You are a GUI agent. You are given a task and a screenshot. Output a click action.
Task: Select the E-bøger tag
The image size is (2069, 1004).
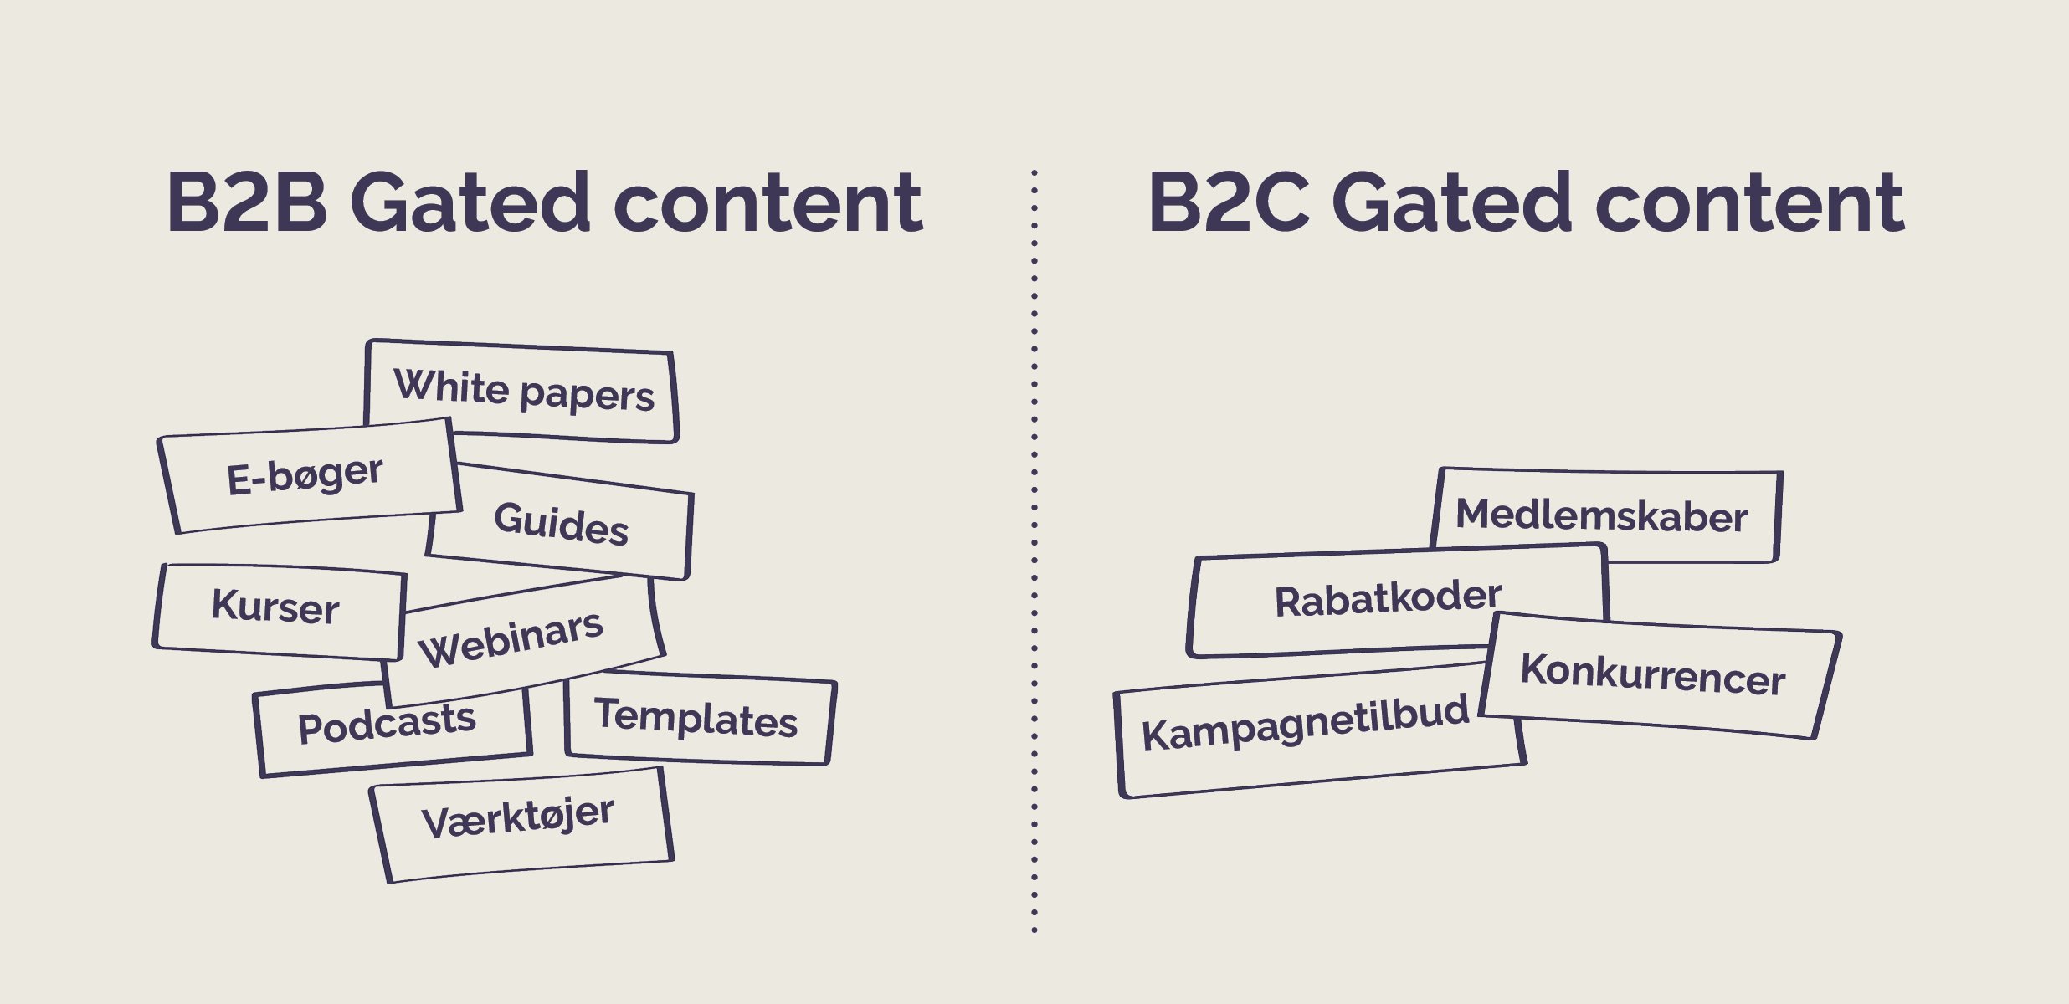pyautogui.click(x=305, y=476)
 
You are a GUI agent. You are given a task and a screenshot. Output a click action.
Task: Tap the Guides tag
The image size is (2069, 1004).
pyautogui.click(x=561, y=523)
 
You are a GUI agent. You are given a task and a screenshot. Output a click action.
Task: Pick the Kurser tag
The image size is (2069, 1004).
pyautogui.click(x=276, y=607)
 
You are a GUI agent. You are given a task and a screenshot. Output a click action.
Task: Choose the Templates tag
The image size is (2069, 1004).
pyautogui.click(x=696, y=719)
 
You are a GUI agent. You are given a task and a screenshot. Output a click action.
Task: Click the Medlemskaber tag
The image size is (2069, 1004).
pyautogui.click(x=1602, y=515)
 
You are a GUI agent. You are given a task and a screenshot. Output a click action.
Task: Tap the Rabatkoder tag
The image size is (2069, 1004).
pyautogui.click(x=1388, y=599)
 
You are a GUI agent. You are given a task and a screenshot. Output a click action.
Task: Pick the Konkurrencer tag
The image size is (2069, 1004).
pyautogui.click(x=1653, y=674)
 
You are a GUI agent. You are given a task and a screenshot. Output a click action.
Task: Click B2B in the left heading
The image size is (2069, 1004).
pyautogui.click(x=247, y=202)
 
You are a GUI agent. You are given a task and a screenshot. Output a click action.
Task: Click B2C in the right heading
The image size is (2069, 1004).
pyautogui.click(x=1229, y=202)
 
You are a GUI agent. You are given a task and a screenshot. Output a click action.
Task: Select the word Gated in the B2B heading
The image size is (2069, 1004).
pyautogui.click(x=471, y=202)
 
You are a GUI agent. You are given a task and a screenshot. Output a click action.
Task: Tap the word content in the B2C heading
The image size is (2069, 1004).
pyautogui.click(x=1749, y=202)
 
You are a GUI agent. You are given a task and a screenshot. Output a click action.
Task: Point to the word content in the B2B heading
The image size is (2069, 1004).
pyautogui.click(x=768, y=202)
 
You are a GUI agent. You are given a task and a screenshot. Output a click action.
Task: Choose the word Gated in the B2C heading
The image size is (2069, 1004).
pyautogui.click(x=1452, y=202)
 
